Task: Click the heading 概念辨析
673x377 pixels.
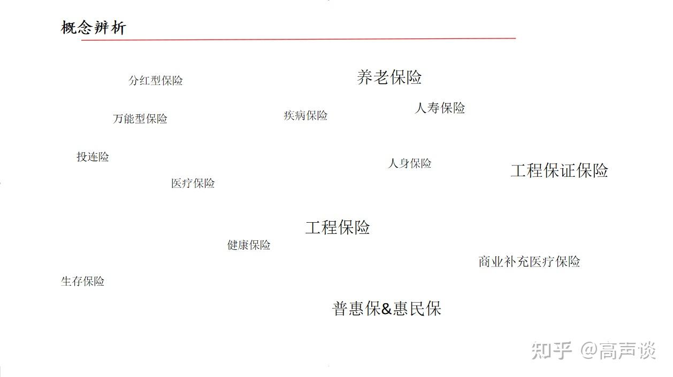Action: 94,28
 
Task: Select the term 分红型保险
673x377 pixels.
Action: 156,81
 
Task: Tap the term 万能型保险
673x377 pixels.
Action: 140,119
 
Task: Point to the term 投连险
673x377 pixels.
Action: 93,157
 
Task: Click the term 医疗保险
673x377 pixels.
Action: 193,183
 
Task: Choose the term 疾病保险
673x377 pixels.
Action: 305,115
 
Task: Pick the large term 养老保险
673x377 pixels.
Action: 389,77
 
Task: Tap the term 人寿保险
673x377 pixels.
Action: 440,108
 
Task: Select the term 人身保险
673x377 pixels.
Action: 409,163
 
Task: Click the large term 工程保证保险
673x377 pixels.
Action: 559,171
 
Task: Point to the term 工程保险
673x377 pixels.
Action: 337,227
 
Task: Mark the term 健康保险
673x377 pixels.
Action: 249,245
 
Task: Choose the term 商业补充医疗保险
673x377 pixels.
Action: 529,262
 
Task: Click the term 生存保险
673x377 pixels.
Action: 82,281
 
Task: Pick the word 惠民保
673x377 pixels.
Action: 417,309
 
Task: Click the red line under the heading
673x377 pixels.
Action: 299,39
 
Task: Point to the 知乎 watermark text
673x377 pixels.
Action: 552,351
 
